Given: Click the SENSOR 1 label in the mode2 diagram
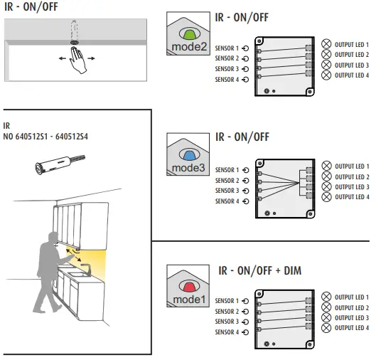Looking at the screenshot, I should point(227,48).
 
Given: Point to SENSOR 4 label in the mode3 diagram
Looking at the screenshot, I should point(227,201).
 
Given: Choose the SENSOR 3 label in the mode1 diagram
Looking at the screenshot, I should point(227,322).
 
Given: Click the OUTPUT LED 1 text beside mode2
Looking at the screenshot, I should point(352,44).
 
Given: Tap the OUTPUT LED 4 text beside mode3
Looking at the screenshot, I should point(352,197).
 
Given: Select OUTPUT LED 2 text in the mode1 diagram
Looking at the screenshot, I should point(352,307).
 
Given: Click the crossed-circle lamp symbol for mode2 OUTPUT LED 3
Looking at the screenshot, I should point(326,65).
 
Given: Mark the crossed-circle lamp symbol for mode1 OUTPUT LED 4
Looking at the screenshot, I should point(326,328).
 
